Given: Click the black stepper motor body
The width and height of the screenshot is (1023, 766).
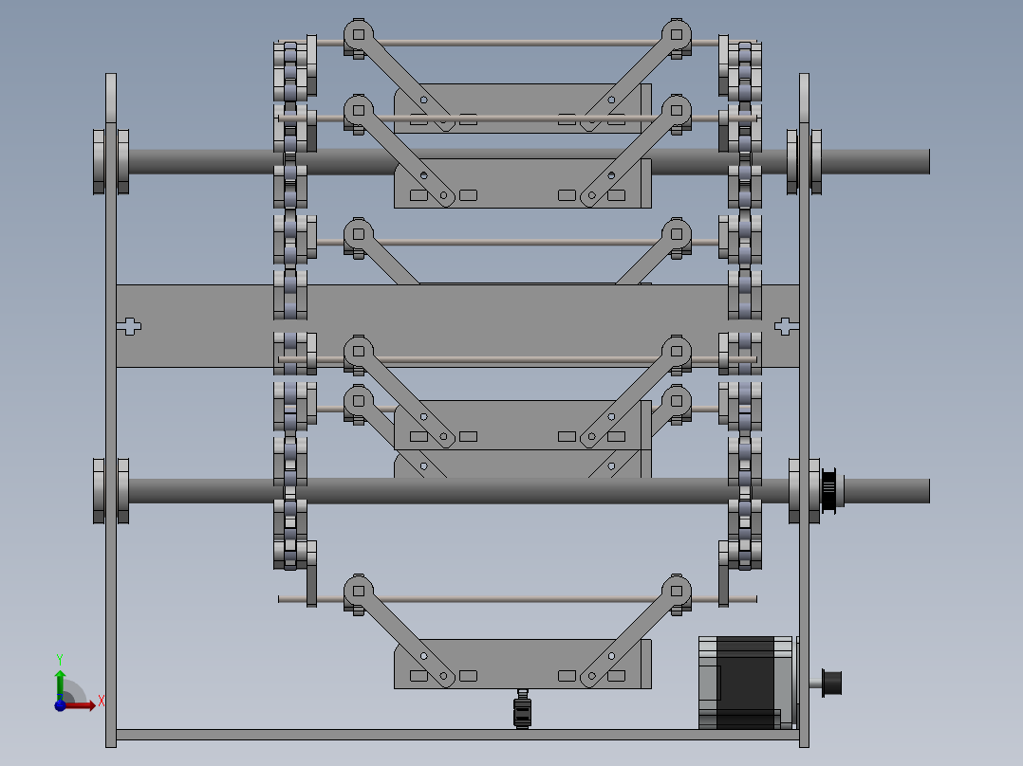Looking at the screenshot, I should [x=749, y=682].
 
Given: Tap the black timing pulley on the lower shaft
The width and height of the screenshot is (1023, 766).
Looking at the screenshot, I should [x=829, y=490].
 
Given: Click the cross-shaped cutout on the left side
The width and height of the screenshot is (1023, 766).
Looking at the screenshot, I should [x=129, y=326].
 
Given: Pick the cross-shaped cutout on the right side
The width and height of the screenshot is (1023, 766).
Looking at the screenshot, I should [x=783, y=326].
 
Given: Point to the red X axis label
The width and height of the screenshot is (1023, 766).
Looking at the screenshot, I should [x=101, y=702].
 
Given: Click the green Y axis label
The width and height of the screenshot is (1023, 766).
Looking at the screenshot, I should [x=59, y=658].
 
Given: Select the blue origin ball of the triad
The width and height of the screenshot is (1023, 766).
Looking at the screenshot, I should [x=60, y=705].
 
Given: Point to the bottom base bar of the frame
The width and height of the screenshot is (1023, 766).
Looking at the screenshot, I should [x=456, y=735].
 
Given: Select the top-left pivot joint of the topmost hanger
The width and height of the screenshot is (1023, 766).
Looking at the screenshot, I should [x=357, y=35].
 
